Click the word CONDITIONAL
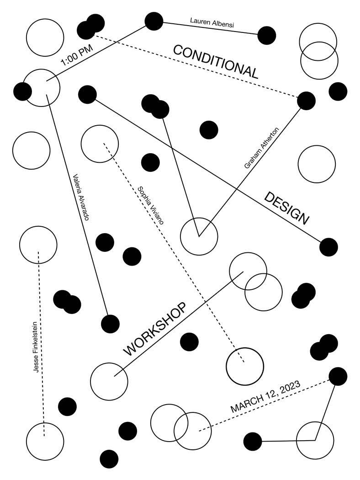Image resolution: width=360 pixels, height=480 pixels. pyautogui.click(x=216, y=62)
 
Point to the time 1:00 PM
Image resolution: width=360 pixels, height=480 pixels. pyautogui.click(x=76, y=57)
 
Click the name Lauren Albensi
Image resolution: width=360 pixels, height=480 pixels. pyautogui.click(x=212, y=22)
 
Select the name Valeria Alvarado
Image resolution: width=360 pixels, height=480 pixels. pyautogui.click(x=80, y=197)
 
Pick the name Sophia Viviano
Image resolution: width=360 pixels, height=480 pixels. pyautogui.click(x=150, y=204)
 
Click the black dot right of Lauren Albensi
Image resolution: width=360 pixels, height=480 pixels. pyautogui.click(x=267, y=35)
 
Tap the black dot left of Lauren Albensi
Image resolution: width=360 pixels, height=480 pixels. pyautogui.click(x=154, y=21)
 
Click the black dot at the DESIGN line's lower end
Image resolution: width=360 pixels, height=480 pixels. pyautogui.click(x=328, y=247)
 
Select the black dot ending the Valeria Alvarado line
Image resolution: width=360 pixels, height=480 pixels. pyautogui.click(x=110, y=324)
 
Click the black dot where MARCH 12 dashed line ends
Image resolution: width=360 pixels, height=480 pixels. pyautogui.click(x=338, y=376)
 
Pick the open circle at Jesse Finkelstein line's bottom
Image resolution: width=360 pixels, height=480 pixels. pyautogui.click(x=45, y=442)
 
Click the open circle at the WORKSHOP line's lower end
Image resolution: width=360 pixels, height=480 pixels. pyautogui.click(x=109, y=381)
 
